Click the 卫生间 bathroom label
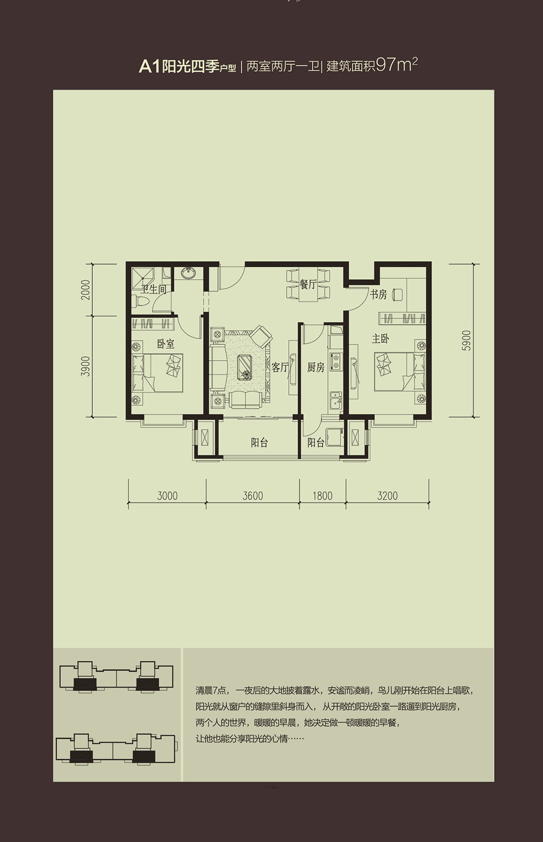(x=153, y=290)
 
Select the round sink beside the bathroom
(x=187, y=273)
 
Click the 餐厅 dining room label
(x=308, y=284)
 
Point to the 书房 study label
(x=378, y=294)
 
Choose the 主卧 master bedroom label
(x=380, y=338)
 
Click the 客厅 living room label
(x=280, y=367)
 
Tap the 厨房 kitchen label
(x=315, y=367)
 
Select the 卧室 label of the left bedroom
(x=166, y=343)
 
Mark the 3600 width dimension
(x=252, y=496)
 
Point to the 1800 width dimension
(x=323, y=496)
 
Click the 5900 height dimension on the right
(x=466, y=340)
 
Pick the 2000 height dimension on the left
(x=86, y=290)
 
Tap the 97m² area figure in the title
(x=396, y=65)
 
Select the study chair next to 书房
(x=397, y=294)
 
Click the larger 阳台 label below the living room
(x=260, y=442)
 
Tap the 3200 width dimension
(x=387, y=496)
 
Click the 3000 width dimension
(x=167, y=496)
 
